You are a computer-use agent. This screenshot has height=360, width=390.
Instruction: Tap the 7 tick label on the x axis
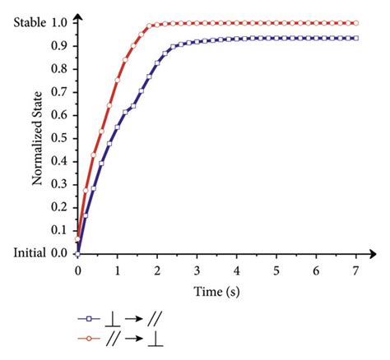coord(355,270)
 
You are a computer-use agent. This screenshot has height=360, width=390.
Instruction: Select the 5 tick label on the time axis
coord(276,270)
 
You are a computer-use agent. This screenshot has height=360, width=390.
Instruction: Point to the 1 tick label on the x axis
coord(117,270)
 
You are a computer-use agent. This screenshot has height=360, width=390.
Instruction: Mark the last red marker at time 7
coord(355,23)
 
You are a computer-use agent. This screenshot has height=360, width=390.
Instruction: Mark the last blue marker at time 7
coord(355,38)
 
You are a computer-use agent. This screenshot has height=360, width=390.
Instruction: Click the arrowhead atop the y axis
coord(77,13)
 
